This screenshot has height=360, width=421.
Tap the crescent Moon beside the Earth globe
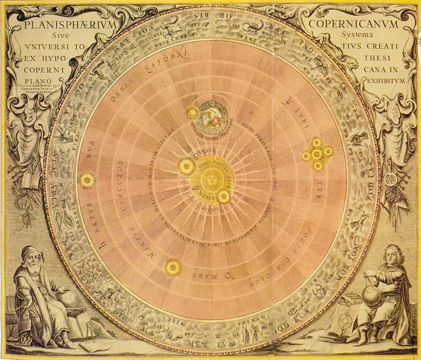click(x=193, y=114)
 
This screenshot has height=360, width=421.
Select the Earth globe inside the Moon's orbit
click(x=212, y=114)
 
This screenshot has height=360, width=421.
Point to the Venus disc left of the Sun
click(x=186, y=166)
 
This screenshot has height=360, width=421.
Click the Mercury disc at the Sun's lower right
click(x=224, y=195)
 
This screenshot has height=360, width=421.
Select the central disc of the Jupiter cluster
click(x=317, y=154)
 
